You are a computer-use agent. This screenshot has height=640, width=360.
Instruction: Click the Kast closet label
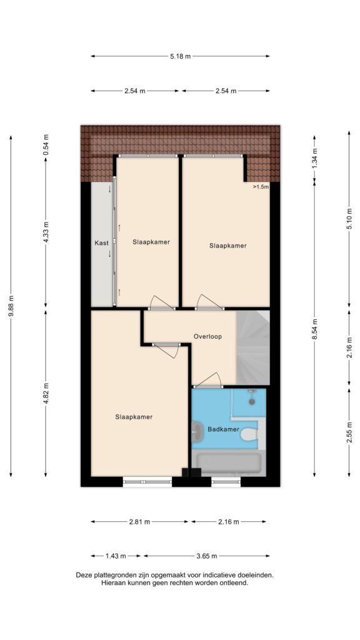101,243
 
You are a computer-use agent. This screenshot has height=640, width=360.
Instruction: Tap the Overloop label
207,337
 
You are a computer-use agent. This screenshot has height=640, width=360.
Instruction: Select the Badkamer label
223,429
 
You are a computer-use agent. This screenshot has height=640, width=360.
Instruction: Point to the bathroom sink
197,430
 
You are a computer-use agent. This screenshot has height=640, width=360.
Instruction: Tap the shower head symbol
252,397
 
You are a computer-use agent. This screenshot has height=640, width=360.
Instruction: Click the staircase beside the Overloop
253,347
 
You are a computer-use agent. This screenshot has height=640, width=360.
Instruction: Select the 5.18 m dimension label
181,56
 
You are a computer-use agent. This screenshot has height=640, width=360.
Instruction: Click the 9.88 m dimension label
11,306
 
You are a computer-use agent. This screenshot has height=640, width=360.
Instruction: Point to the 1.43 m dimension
116,556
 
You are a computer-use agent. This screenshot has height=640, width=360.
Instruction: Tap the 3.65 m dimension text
206,556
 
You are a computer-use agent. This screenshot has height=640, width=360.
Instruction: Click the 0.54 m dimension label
46,144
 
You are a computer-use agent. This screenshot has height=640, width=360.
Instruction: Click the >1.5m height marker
261,187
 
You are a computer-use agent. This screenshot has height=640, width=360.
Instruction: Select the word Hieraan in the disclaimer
113,583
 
